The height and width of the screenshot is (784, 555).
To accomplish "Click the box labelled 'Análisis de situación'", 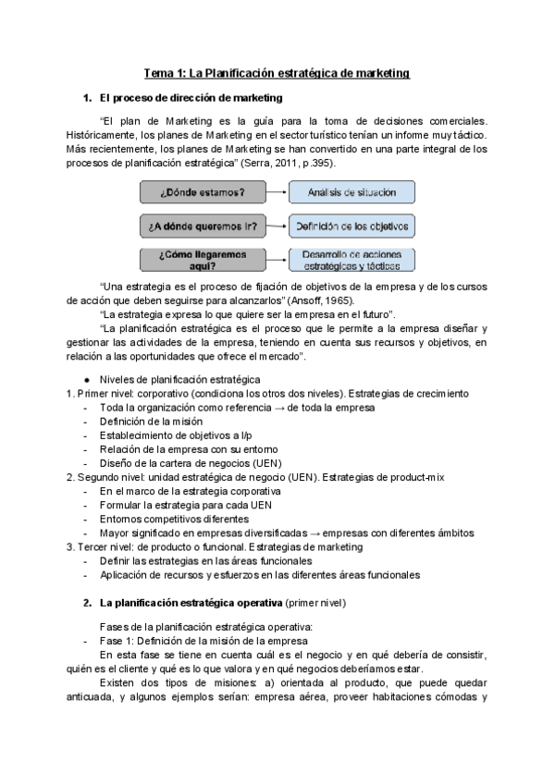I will (351, 192).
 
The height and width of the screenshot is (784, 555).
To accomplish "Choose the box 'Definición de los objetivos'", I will (351, 226).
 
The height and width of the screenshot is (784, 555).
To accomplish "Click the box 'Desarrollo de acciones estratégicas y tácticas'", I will (351, 259).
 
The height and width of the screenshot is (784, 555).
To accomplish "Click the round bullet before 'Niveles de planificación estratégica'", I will (86, 380).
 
